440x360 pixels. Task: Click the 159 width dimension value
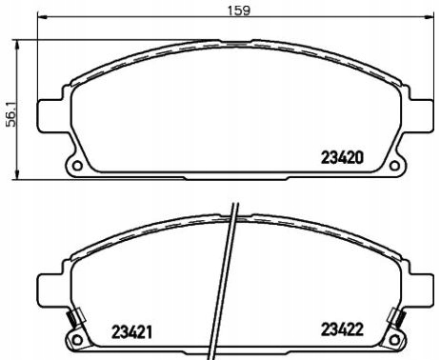pos(239,10)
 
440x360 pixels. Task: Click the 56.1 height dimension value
pos(11,113)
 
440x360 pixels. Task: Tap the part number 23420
pos(342,158)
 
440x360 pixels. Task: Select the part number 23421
pos(131,332)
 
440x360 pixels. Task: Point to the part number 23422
pos(342,330)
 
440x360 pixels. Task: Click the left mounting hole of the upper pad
pos(77,166)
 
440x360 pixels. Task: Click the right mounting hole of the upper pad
pos(394,166)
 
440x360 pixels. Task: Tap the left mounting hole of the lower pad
pos(77,340)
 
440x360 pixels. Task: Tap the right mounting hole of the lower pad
pos(394,340)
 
